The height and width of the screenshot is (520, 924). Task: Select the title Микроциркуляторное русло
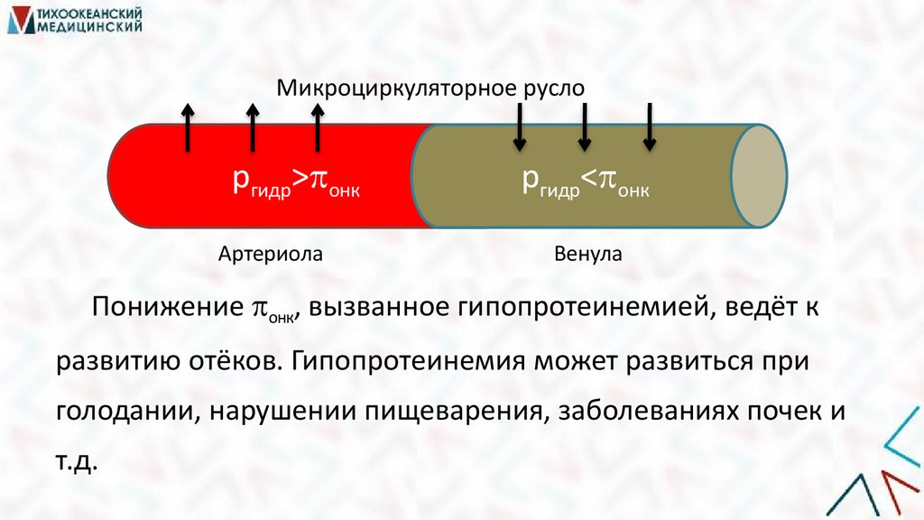pyautogui.click(x=431, y=88)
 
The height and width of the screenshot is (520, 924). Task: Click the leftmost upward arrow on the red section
pyautogui.click(x=188, y=127)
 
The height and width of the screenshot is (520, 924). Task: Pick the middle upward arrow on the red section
pyautogui.click(x=253, y=127)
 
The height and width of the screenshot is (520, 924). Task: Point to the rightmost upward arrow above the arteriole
pyautogui.click(x=317, y=127)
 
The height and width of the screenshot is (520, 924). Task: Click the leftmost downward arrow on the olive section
pyautogui.click(x=519, y=127)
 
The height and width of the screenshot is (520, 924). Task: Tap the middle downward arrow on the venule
pyautogui.click(x=584, y=127)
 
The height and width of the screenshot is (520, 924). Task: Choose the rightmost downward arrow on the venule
pyautogui.click(x=649, y=127)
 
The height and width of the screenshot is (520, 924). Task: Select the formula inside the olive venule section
pyautogui.click(x=586, y=184)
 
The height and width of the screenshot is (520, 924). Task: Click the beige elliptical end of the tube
pyautogui.click(x=758, y=175)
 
